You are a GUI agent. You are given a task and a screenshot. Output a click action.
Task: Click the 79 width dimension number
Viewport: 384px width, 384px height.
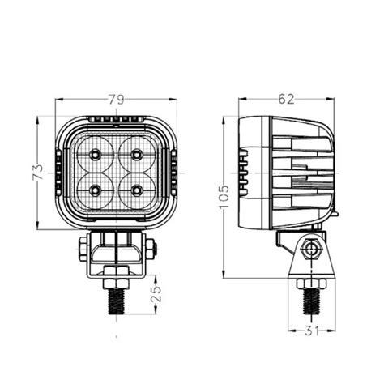pyautogui.click(x=117, y=100)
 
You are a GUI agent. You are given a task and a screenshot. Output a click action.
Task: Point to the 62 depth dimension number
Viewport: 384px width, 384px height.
pyautogui.click(x=284, y=99)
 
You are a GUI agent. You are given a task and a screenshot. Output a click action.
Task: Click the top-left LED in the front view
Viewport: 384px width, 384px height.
pyautogui.click(x=96, y=154)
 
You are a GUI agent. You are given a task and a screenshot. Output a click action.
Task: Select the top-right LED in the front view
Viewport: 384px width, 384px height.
pyautogui.click(x=135, y=154)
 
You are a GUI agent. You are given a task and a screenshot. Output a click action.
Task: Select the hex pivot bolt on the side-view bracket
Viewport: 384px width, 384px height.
pyautogui.click(x=309, y=250)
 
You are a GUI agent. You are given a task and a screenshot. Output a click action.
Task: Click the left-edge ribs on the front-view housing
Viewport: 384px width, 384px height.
pyautogui.click(x=60, y=173)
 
